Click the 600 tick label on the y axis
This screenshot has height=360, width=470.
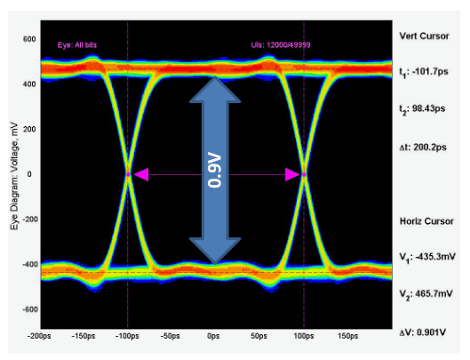click(28, 40)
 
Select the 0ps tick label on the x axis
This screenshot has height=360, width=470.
click(213, 337)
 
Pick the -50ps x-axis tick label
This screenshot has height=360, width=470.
click(170, 337)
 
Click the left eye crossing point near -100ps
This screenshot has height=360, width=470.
click(128, 175)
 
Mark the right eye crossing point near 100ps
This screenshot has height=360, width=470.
click(304, 175)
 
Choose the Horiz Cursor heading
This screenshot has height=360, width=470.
click(426, 220)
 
